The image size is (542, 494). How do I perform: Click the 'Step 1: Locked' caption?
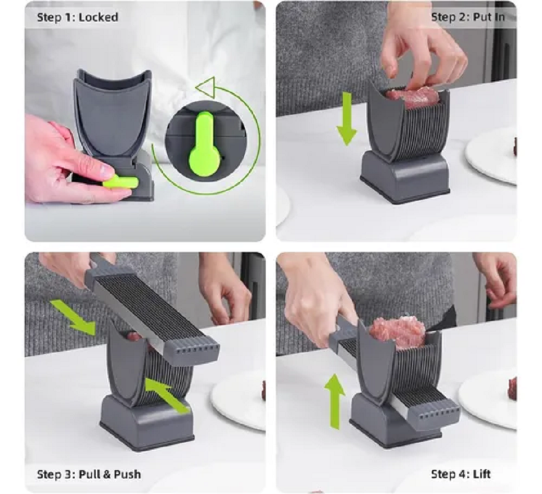(x=77, y=17)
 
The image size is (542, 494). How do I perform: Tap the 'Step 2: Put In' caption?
(x=467, y=17)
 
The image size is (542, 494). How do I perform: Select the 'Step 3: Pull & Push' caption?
(x=89, y=474)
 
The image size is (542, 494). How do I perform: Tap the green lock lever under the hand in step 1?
(x=120, y=181)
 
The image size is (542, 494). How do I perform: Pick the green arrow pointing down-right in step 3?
(x=73, y=316)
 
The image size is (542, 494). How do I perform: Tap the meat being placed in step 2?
(x=412, y=96)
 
